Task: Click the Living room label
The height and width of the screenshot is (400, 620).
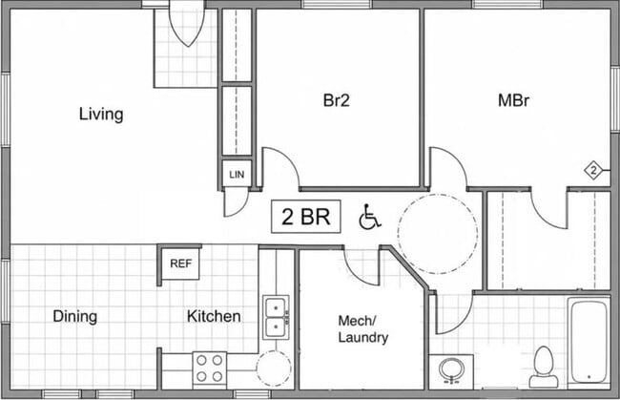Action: pyautogui.click(x=101, y=115)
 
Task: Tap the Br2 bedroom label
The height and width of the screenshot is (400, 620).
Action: pyautogui.click(x=337, y=100)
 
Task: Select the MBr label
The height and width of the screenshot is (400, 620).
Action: pyautogui.click(x=513, y=100)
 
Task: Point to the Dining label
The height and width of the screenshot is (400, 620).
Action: pyautogui.click(x=75, y=317)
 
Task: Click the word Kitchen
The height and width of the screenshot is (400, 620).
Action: pyautogui.click(x=214, y=316)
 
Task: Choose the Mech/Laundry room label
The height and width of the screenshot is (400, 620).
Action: pyautogui.click(x=363, y=328)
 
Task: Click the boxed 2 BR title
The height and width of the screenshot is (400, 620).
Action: pyautogui.click(x=305, y=217)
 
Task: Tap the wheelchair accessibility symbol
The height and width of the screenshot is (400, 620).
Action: pyautogui.click(x=370, y=217)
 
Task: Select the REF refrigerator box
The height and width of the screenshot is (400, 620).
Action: pyautogui.click(x=180, y=263)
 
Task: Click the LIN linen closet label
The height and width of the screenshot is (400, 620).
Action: pyautogui.click(x=237, y=174)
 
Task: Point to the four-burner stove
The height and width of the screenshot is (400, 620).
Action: pyautogui.click(x=210, y=368)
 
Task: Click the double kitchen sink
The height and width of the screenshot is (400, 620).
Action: pyautogui.click(x=276, y=317)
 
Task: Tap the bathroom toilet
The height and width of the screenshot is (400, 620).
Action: pyautogui.click(x=544, y=367)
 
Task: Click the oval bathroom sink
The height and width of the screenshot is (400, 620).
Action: pyautogui.click(x=451, y=370)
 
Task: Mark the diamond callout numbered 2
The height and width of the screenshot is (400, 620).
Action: pyautogui.click(x=593, y=171)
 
